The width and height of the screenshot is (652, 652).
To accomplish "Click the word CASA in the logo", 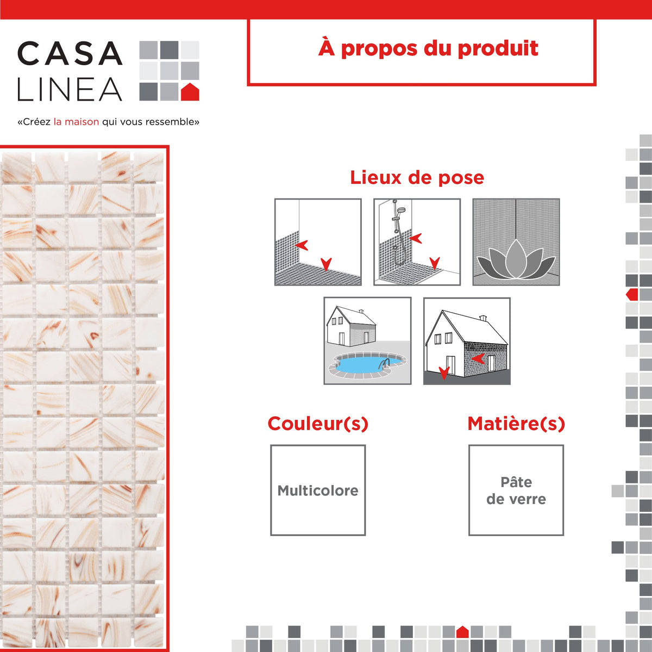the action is coord(70,53).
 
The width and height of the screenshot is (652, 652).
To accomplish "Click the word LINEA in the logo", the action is coord(70,89).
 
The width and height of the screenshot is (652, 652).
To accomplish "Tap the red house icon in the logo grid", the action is coord(190,92).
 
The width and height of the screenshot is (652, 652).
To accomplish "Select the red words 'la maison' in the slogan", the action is coord(76,122).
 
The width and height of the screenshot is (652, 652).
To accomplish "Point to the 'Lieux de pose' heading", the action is coord(417,177).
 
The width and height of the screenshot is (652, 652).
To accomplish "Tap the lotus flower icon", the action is coord(516,259).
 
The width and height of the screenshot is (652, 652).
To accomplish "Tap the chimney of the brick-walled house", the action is coord(483,318).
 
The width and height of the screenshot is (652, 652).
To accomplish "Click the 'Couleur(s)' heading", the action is coord(318,424).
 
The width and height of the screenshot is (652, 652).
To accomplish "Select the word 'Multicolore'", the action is coord(318,490).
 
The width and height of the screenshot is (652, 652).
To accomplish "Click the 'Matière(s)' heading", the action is coord(516,424).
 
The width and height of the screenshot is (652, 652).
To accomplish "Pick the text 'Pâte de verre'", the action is coord(516,490).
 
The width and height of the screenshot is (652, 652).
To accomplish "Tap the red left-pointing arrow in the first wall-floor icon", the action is coord(302,245).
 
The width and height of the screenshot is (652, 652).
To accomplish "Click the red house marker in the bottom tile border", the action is coord(462,632).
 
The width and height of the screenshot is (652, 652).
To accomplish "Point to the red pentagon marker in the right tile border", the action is coord(632,294).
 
